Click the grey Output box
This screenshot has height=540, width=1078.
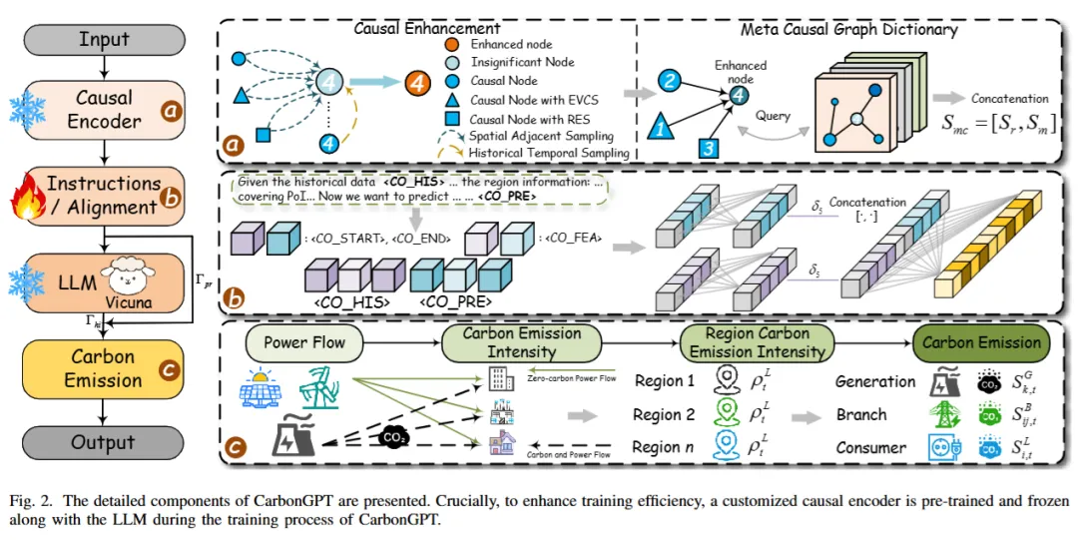104,442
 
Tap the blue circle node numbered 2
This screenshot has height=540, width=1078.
670,80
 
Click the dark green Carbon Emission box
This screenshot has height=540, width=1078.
981,342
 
